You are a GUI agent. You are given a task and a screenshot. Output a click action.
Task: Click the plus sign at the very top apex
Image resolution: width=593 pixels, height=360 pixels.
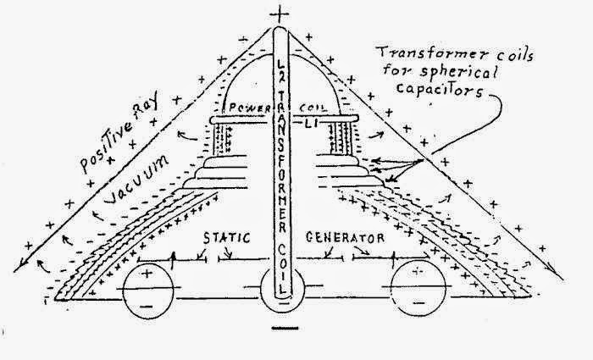pyautogui.click(x=281, y=14)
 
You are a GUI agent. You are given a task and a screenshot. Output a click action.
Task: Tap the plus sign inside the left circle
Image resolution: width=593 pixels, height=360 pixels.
pyautogui.click(x=150, y=274)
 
